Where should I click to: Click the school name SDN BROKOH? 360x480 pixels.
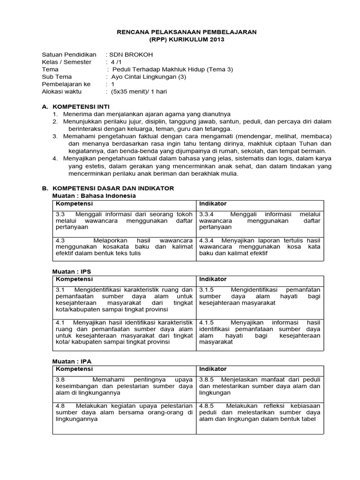[132, 54]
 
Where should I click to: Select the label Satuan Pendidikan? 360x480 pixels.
[69, 54]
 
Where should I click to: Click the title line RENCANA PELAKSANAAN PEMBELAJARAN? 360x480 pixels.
[187, 31]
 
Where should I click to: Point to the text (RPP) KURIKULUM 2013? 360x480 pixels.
[187, 39]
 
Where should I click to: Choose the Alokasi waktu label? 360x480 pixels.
[62, 92]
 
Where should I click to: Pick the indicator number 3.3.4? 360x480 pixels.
[207, 214]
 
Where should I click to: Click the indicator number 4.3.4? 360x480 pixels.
[207, 240]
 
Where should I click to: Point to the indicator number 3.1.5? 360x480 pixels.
[207, 290]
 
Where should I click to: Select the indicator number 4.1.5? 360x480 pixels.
[207, 323]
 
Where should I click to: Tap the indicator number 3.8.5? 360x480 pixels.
[207, 380]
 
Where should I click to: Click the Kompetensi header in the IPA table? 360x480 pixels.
[74, 369]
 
